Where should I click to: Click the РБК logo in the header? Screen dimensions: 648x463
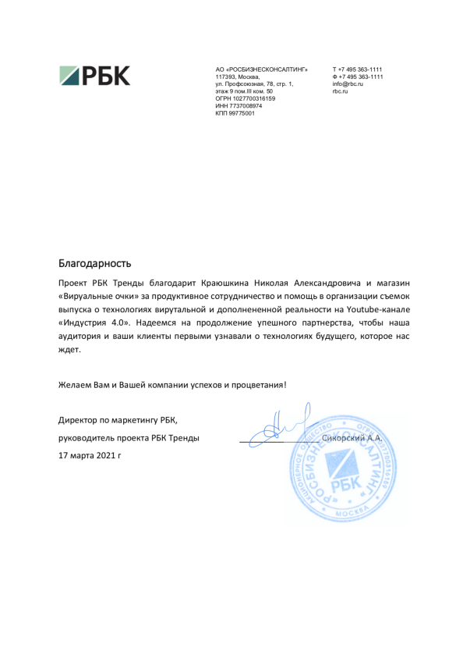coord(95,76)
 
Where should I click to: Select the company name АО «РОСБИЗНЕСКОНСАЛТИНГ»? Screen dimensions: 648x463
coord(256,70)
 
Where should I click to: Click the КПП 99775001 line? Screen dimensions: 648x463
coord(235,114)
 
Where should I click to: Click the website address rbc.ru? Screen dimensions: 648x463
coord(340,92)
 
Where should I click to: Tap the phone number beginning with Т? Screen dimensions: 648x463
coord(357,70)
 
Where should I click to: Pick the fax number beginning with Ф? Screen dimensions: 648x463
coord(358,77)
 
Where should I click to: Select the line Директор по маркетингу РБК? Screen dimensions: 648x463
coord(118,422)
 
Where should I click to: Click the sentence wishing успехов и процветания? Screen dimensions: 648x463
coord(172,384)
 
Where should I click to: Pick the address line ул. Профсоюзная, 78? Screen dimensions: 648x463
coord(254,84)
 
